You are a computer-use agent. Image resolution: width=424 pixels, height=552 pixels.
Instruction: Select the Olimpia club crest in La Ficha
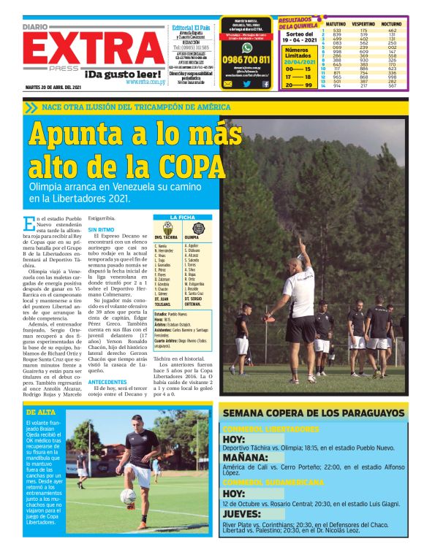click(x=192, y=228)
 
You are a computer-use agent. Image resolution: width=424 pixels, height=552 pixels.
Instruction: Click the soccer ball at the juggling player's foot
click(x=129, y=497)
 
